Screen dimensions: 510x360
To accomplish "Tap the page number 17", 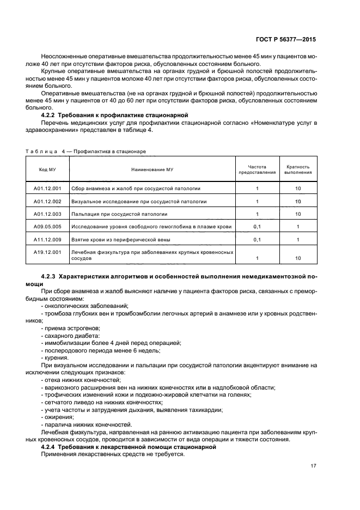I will (313, 465).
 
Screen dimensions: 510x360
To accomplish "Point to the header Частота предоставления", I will (257, 169).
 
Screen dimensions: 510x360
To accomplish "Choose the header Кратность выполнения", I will (298, 169).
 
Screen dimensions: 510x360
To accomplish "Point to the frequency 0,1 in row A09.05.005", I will (257, 227).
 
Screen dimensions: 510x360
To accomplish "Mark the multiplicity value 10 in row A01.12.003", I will (298, 214).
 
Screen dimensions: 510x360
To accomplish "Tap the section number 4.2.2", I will (50, 116).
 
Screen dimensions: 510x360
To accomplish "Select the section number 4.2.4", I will (50, 447).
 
